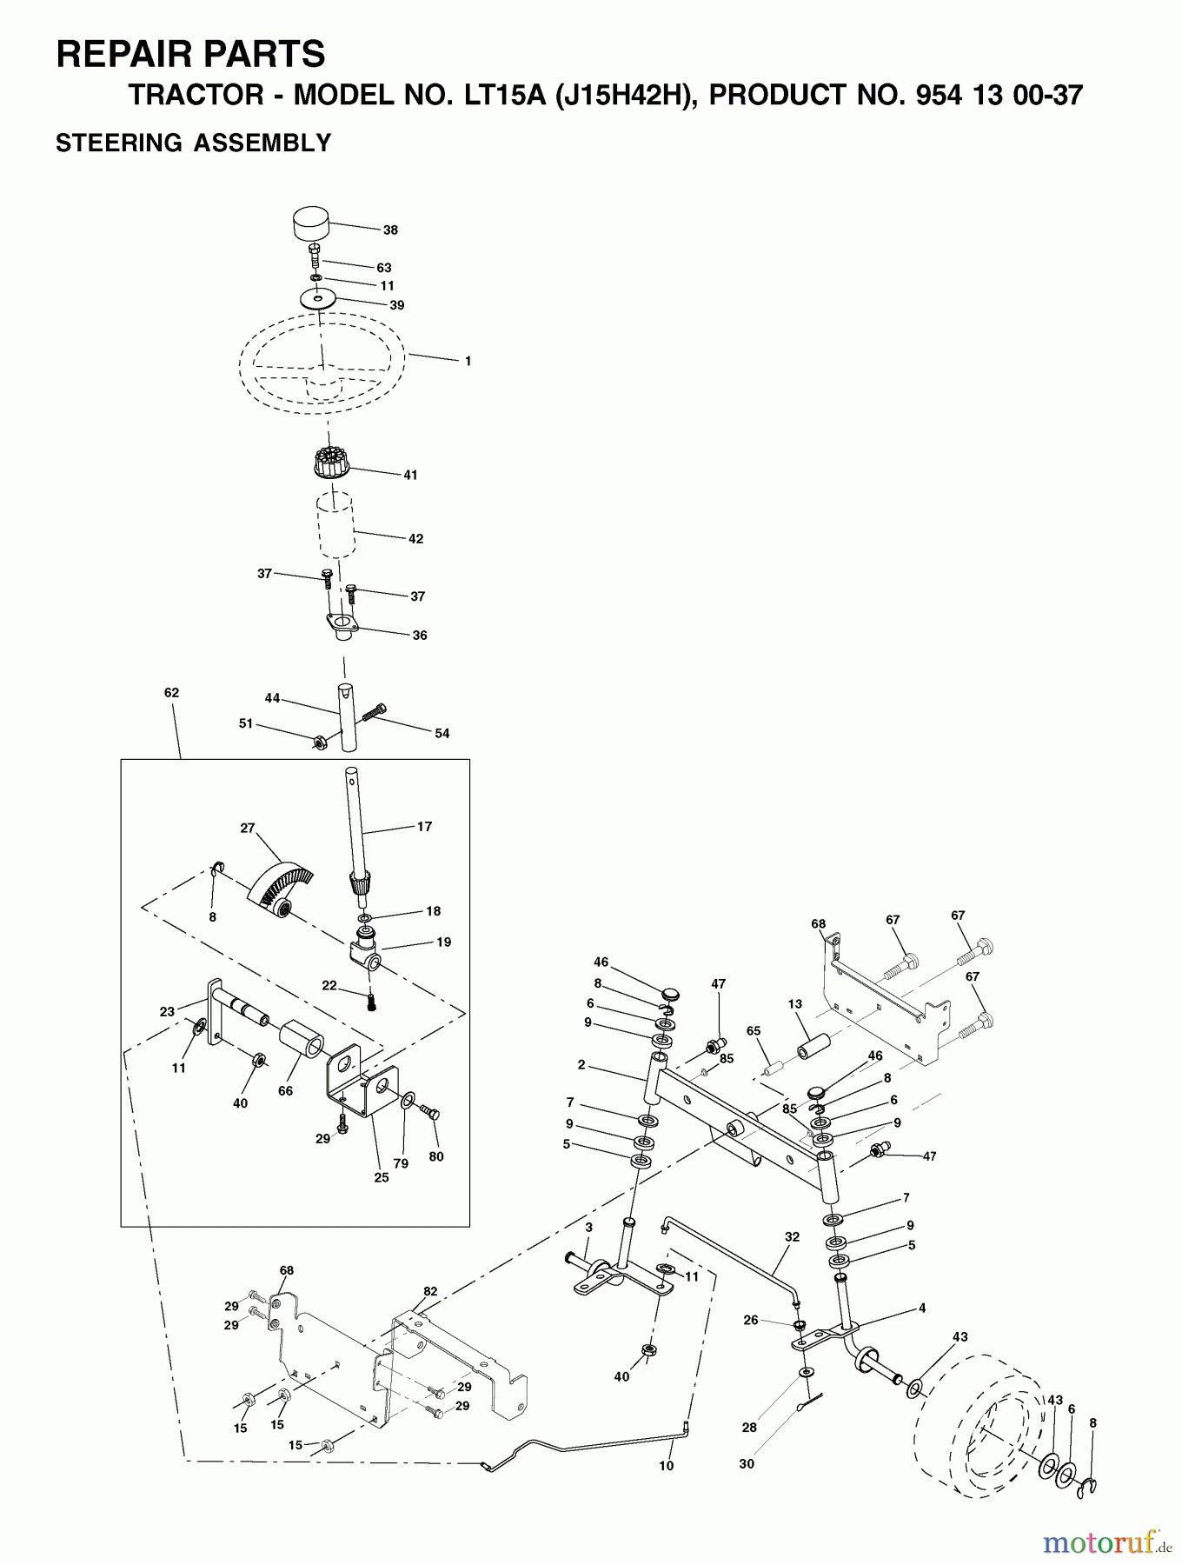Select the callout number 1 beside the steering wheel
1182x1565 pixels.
coord(468,361)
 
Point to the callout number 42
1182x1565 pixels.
coord(415,539)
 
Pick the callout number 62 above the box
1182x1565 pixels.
coord(171,693)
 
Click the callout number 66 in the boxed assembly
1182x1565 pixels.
coord(285,1090)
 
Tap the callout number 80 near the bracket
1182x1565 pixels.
coord(436,1156)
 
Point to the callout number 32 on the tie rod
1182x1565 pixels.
coord(791,1236)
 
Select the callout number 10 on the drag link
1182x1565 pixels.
coord(666,1466)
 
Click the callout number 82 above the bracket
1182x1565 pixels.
coord(430,1291)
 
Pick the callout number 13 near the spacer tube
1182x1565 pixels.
coord(794,1004)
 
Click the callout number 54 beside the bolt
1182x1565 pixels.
coord(442,734)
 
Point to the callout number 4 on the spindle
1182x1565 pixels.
coord(921,1308)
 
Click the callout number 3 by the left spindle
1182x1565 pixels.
coord(588,1227)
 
